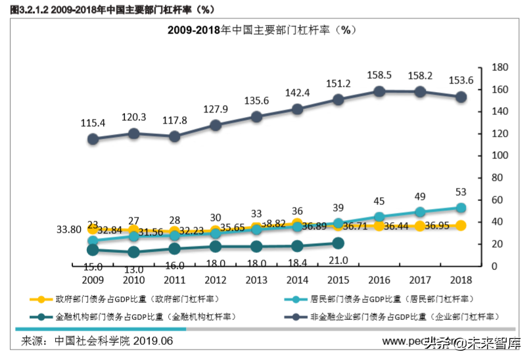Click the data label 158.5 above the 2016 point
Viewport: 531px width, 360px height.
coord(379,75)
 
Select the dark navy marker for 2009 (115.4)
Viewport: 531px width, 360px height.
coord(93,139)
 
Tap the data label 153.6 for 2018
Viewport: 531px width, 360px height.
coord(461,79)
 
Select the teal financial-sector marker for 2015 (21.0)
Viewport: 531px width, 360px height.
coord(338,243)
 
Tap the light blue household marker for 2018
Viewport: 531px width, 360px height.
coord(461,208)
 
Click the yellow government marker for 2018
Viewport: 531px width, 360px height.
coord(461,225)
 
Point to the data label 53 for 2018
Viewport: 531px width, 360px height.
coord(461,191)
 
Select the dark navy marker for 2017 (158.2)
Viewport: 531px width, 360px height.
coord(420,92)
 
